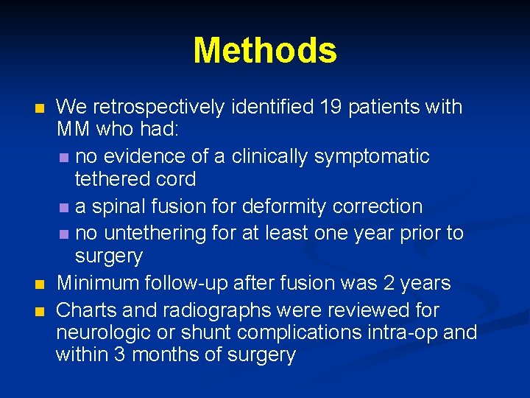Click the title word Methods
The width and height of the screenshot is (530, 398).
pos(265,51)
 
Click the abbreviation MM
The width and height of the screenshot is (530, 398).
pos(74,130)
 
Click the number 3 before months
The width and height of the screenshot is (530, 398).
pos(119,355)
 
